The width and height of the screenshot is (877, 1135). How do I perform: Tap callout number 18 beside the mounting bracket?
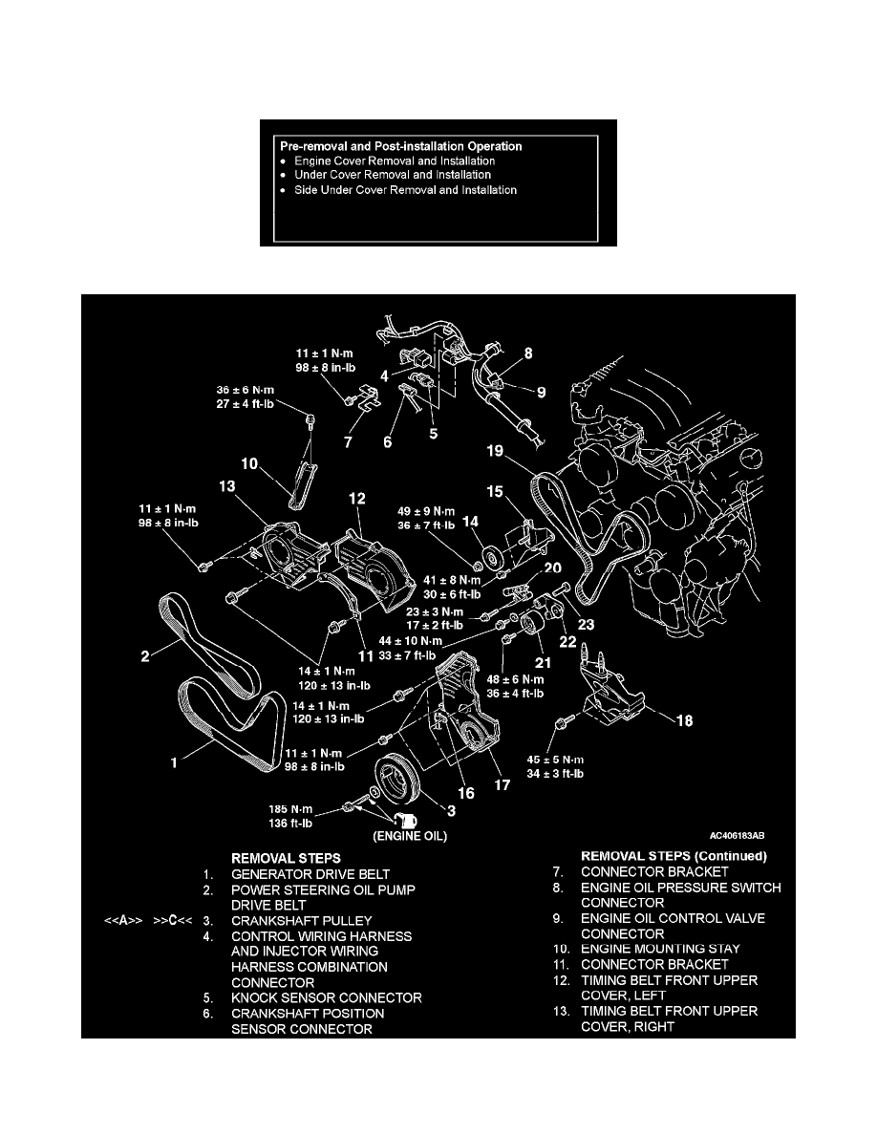click(686, 722)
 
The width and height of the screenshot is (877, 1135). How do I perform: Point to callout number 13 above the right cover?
click(227, 487)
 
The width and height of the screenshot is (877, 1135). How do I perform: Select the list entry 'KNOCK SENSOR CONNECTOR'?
click(327, 998)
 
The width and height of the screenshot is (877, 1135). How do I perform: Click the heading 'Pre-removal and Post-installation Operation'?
click(400, 146)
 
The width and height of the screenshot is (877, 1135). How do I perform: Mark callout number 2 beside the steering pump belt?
click(145, 656)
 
